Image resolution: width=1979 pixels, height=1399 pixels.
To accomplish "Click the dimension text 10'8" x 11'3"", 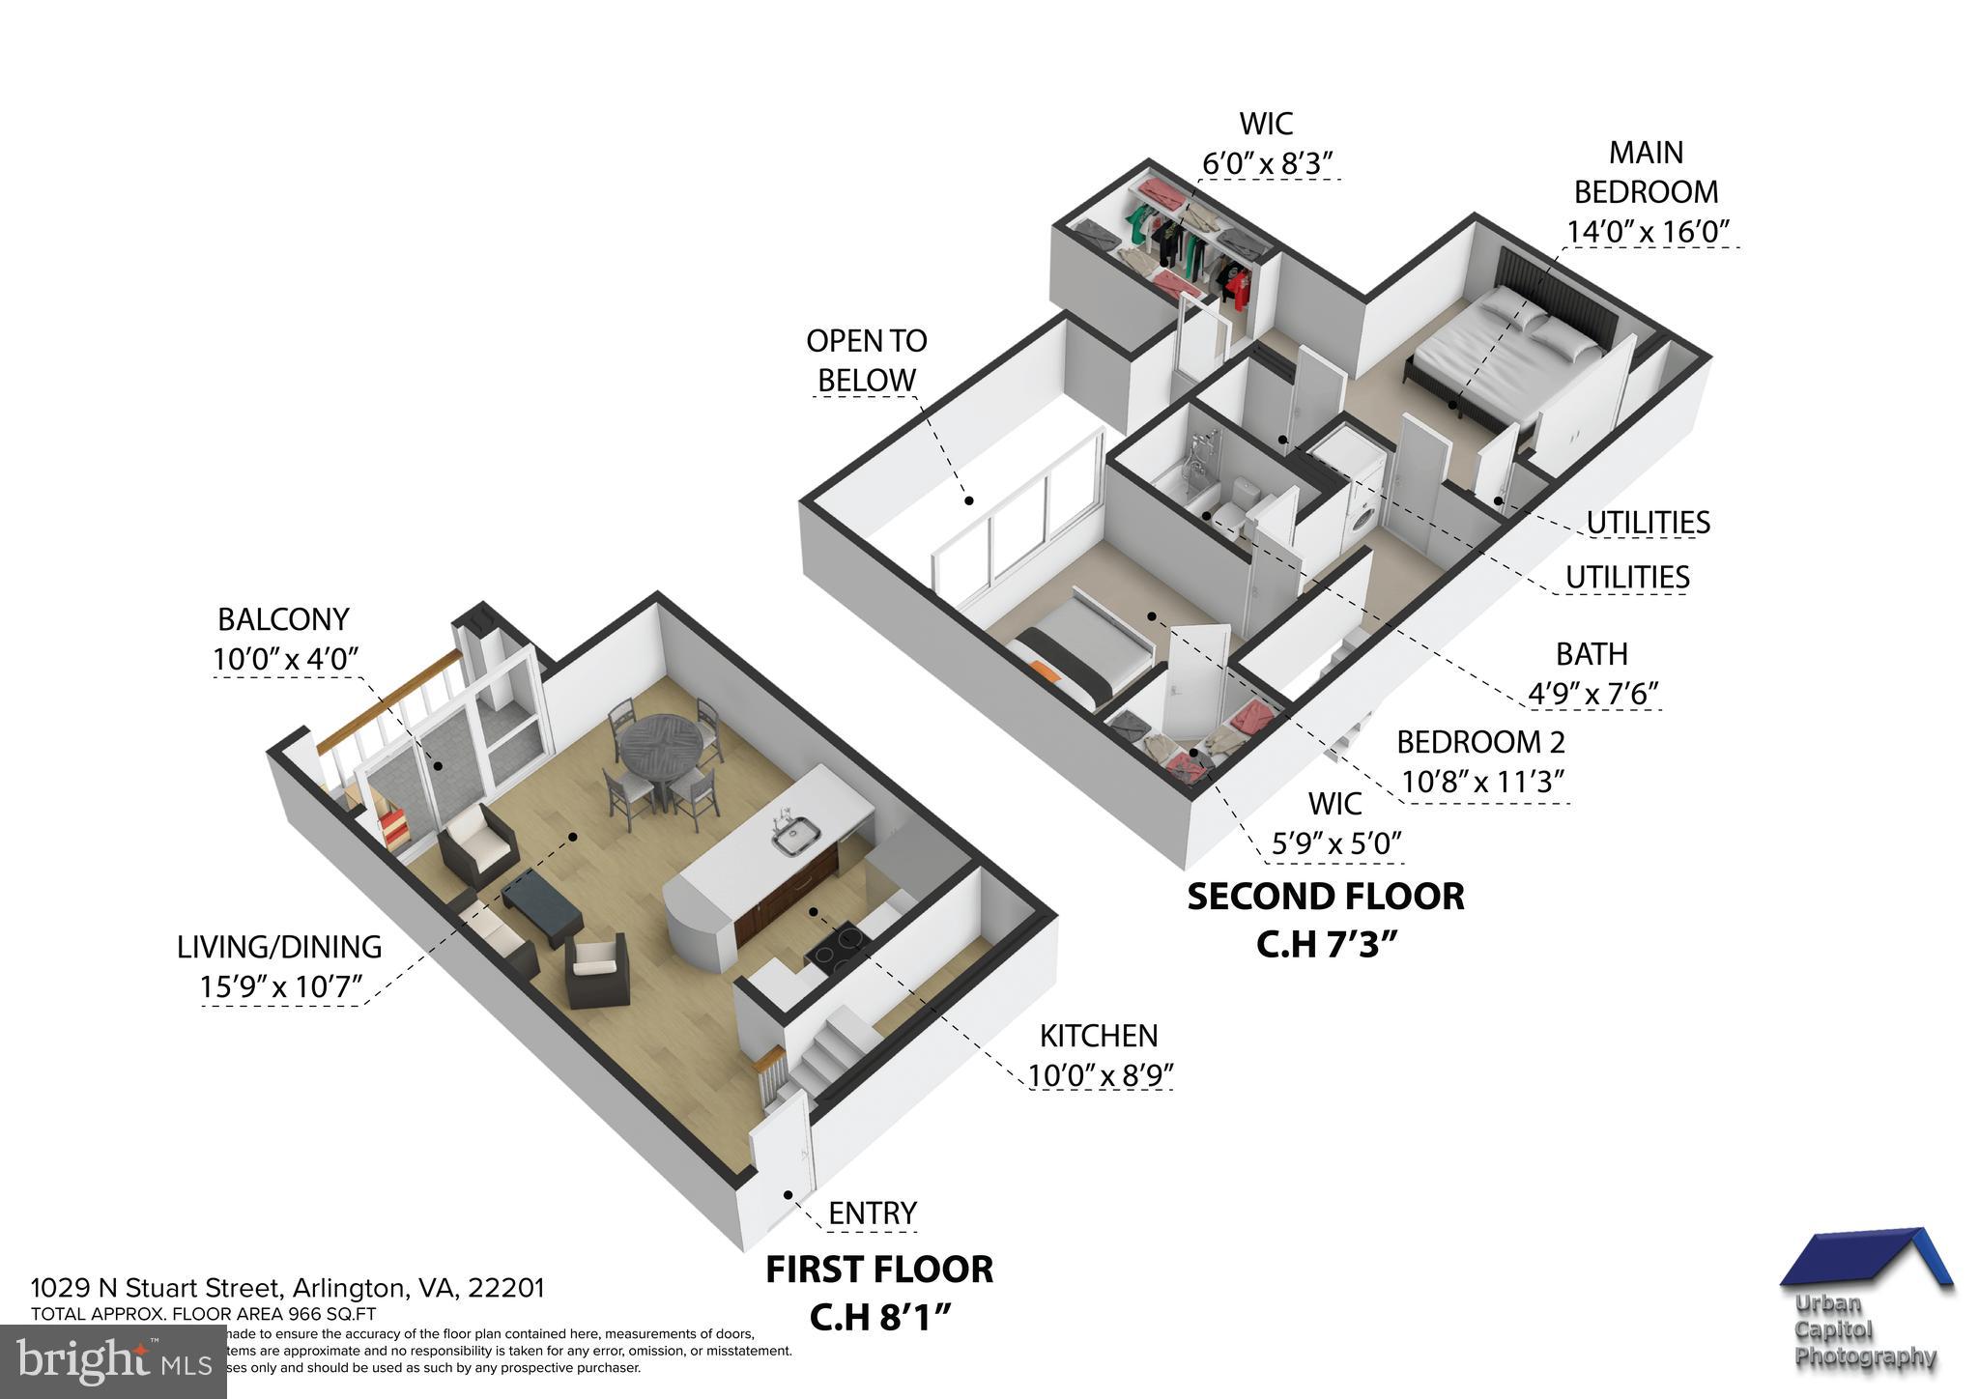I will (x=1482, y=782).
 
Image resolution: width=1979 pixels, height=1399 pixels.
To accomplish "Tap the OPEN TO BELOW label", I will (x=866, y=360).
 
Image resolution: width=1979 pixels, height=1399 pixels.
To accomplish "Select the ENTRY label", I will (x=873, y=1213).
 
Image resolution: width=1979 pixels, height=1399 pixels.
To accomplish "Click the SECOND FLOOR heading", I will (x=1325, y=897).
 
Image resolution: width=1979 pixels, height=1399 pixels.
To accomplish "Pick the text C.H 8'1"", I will (x=879, y=1318).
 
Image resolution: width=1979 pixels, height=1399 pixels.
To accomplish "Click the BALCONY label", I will (x=283, y=618).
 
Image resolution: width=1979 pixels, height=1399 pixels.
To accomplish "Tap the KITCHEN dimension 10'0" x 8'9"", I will (x=1101, y=1075).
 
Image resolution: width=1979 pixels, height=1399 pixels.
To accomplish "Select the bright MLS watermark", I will (x=113, y=1361).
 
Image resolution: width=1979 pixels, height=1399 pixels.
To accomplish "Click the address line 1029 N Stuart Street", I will (x=288, y=1288).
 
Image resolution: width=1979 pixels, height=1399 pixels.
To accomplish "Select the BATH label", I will (x=1591, y=654).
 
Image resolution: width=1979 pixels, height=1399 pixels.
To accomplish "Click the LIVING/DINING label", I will (x=279, y=947).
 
